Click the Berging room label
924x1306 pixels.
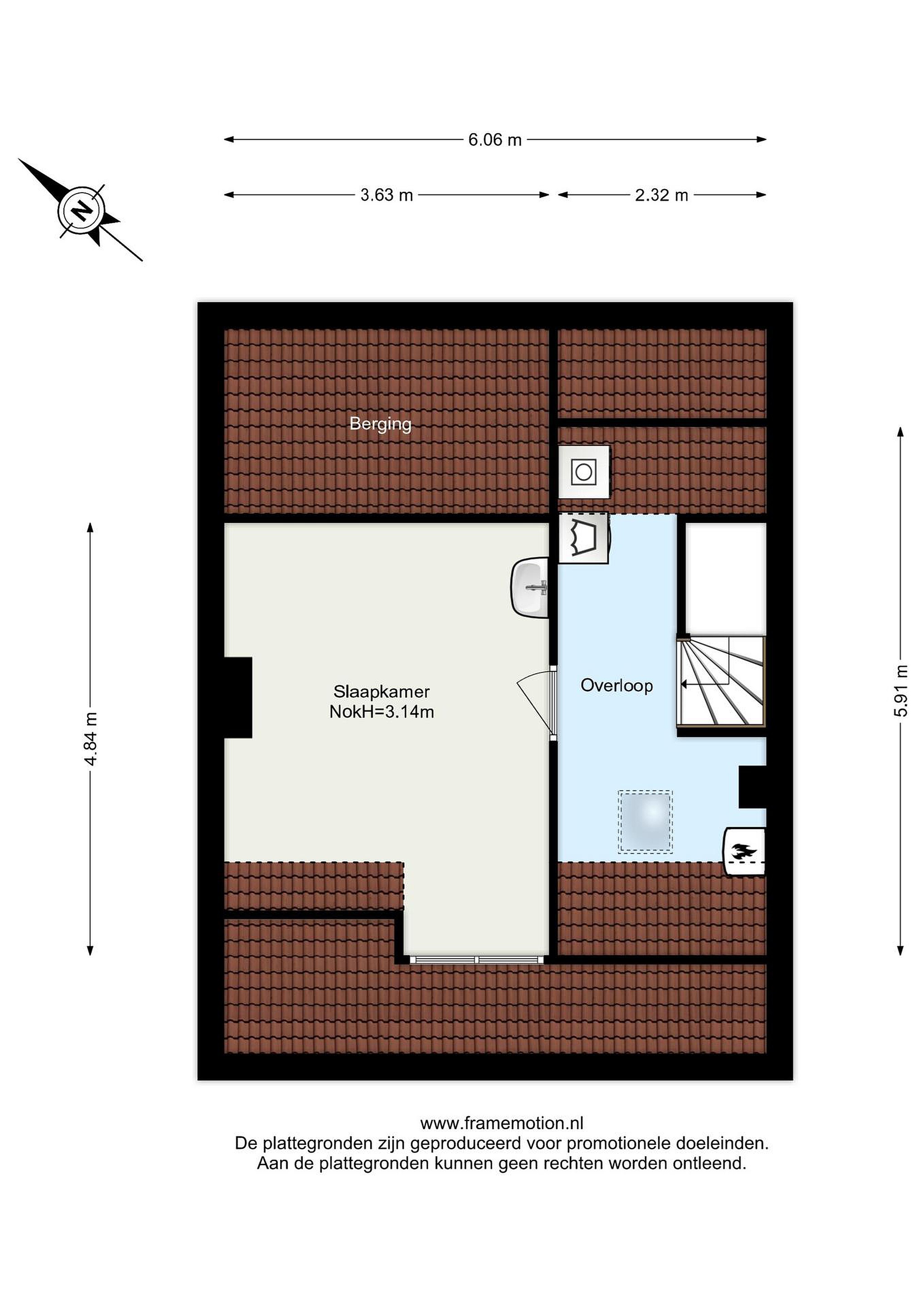coord(380,424)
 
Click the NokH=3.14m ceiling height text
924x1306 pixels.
coord(381,711)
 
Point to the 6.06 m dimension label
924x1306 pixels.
coord(494,140)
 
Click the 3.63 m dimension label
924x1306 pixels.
coord(386,195)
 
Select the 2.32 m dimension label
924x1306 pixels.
coord(661,195)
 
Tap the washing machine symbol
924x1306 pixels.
coord(584,472)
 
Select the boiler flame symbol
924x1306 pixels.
coord(743,852)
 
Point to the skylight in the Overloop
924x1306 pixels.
coord(645,821)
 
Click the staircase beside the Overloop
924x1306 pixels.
coord(721,681)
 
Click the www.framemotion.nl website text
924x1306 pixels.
coord(502,1123)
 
